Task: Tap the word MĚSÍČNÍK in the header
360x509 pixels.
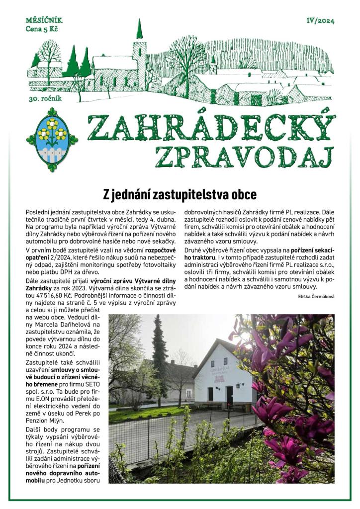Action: pyautogui.click(x=44, y=21)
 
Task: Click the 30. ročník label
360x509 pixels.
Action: pyautogui.click(x=45, y=99)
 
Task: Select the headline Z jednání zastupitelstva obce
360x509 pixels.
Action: pyautogui.click(x=180, y=193)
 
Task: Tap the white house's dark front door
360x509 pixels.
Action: pyautogui.click(x=230, y=396)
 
